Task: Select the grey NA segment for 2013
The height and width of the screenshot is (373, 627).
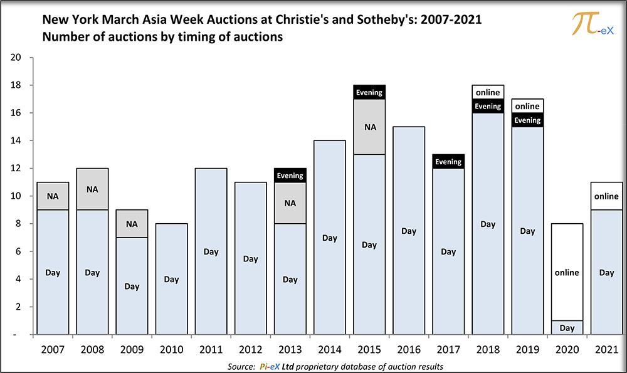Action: point(290,203)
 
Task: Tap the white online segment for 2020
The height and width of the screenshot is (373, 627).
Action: point(567,272)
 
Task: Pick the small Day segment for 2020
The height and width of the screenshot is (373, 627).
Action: point(567,328)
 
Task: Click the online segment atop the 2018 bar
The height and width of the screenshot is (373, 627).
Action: point(488,92)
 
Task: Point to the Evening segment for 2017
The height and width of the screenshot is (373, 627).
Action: point(448,162)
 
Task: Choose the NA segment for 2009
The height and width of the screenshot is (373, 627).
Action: point(132,224)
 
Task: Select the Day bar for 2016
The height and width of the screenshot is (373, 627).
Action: point(409,231)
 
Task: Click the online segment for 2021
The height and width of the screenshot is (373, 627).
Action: point(606,196)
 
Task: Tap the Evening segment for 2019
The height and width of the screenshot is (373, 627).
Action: point(527,120)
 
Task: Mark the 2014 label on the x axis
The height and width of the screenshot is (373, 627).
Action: point(329,349)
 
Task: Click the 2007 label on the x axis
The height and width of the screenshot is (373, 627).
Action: point(53,349)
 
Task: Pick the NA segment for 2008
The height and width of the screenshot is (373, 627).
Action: point(92,189)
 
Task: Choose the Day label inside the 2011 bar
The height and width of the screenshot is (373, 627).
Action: point(211,252)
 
